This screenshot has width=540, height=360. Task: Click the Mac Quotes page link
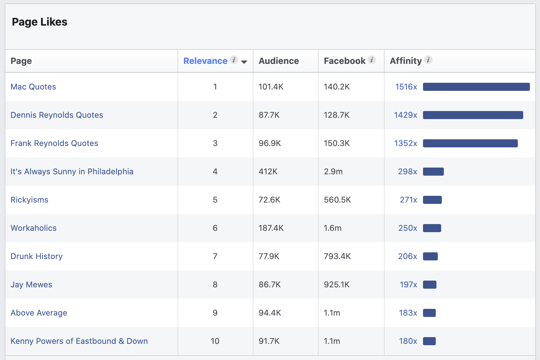(x=33, y=87)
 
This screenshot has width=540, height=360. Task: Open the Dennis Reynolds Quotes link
(x=57, y=115)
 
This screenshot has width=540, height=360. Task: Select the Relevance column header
(x=205, y=61)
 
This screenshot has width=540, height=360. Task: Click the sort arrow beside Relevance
(x=244, y=62)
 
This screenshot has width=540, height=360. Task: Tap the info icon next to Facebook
(x=372, y=60)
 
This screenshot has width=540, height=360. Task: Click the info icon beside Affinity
(x=428, y=60)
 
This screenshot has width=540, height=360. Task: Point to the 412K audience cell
(x=268, y=172)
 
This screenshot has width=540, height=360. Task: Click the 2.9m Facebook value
(x=333, y=172)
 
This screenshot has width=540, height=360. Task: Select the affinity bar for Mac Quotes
(x=476, y=87)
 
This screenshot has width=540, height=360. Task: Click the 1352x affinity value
(x=406, y=143)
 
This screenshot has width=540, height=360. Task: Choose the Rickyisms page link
(x=30, y=200)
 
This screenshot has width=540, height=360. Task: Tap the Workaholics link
(x=34, y=228)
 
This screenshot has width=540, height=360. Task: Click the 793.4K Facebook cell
(x=337, y=256)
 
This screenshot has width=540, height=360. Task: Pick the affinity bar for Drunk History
(x=430, y=256)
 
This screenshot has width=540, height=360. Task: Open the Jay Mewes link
(x=31, y=285)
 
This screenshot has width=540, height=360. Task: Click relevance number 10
(x=215, y=341)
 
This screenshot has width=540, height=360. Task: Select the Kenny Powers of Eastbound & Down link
(x=79, y=341)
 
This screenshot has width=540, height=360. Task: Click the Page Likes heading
(x=40, y=22)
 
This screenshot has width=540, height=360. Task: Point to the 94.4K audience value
(x=270, y=313)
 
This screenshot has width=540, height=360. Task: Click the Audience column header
(x=279, y=61)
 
